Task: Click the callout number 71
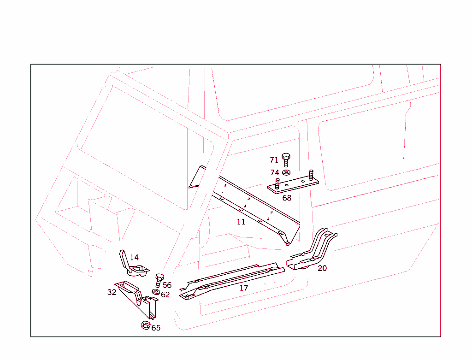click(274, 160)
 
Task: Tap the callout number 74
click(275, 172)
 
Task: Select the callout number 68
click(287, 198)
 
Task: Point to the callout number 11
click(241, 222)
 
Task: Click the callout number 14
click(134, 257)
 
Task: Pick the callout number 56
click(167, 285)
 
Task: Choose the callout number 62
click(165, 295)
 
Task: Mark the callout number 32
click(112, 292)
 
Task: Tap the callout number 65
click(156, 328)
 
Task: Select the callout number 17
click(244, 288)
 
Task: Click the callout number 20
click(322, 268)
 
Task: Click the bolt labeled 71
click(286, 160)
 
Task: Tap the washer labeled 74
click(286, 172)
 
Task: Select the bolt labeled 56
click(159, 280)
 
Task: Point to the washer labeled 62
click(156, 292)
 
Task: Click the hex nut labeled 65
click(146, 325)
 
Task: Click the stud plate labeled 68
click(293, 183)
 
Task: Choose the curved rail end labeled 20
click(312, 250)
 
